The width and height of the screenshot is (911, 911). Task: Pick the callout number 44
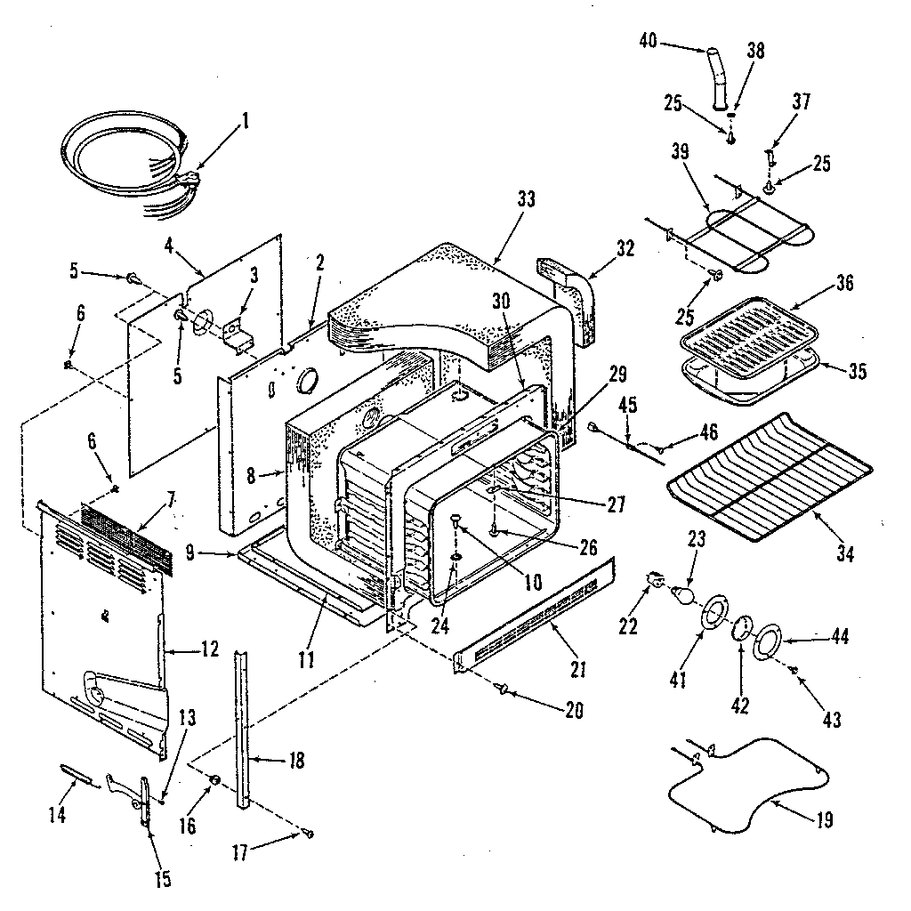839,637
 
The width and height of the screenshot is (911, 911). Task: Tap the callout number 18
296,761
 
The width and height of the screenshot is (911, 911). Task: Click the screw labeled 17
308,834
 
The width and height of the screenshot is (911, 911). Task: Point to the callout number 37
801,101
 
